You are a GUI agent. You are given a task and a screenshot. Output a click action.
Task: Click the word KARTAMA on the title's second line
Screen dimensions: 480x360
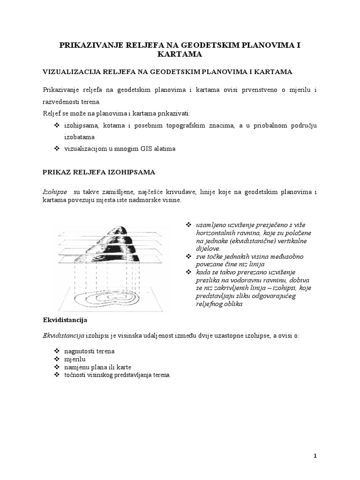(180, 54)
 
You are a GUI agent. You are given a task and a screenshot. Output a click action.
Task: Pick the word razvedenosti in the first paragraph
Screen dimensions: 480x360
(64, 102)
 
